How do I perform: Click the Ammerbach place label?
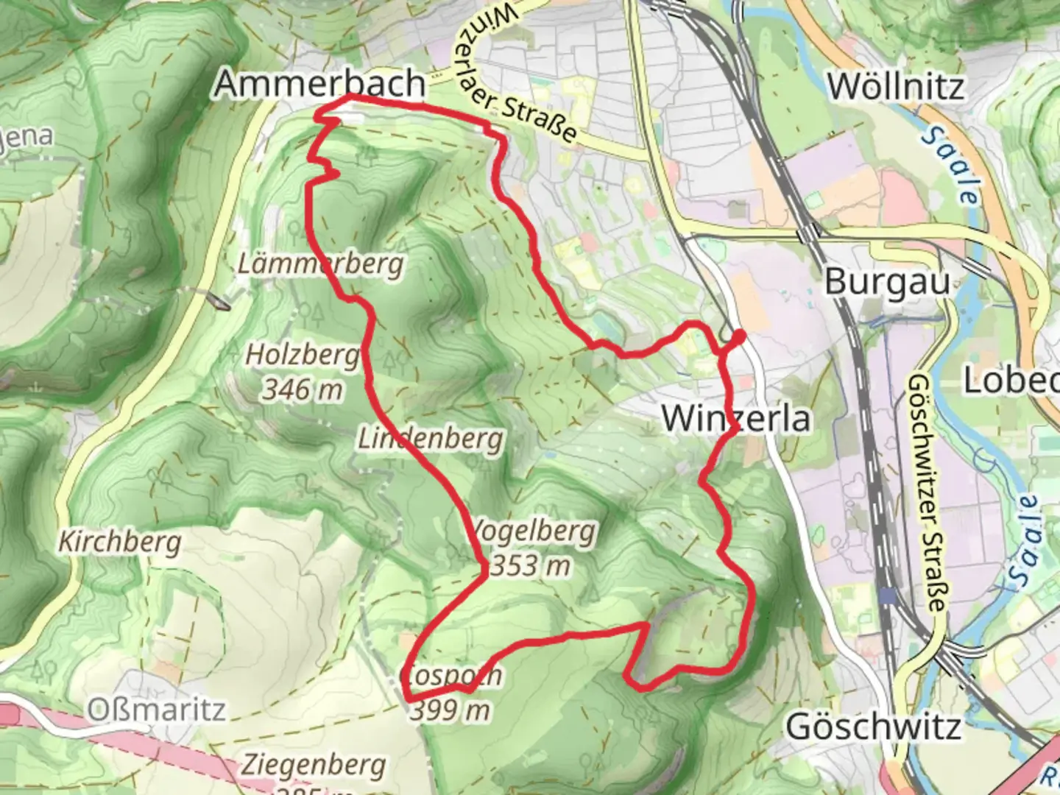click(x=320, y=85)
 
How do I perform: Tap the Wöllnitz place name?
click(x=895, y=87)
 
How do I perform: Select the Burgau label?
click(x=887, y=282)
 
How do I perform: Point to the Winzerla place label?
click(x=736, y=419)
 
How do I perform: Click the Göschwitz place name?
click(x=873, y=727)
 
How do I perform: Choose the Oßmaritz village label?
click(x=156, y=710)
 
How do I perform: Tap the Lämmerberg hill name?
click(x=320, y=264)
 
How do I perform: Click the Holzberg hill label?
click(x=302, y=355)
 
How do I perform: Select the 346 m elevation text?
click(x=302, y=389)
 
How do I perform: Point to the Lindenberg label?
click(x=431, y=439)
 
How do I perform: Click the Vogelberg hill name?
click(x=533, y=531)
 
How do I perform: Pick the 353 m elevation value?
click(x=530, y=565)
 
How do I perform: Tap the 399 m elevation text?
click(x=450, y=710)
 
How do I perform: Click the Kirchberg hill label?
click(x=120, y=543)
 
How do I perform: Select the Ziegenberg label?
click(x=313, y=766)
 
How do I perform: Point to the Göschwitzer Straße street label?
click(x=925, y=493)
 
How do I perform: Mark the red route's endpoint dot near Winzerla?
click(x=738, y=336)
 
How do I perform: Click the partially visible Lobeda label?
click(x=1013, y=381)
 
